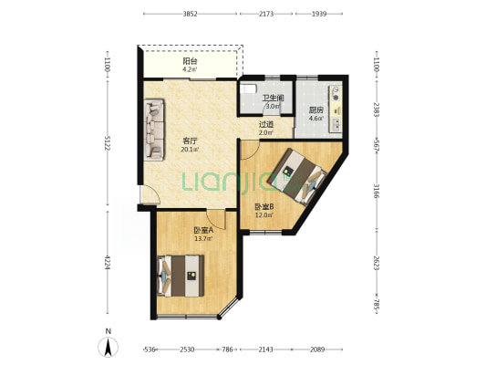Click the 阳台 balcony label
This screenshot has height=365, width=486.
[x=190, y=61]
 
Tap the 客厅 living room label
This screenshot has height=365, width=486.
[x=190, y=141]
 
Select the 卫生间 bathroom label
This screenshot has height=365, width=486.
[x=273, y=99]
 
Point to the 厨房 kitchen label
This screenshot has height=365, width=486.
[x=316, y=110]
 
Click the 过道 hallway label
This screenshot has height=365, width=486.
[x=266, y=125]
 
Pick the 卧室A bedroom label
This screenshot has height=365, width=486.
[x=203, y=231]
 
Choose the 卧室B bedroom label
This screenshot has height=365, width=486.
[x=264, y=206]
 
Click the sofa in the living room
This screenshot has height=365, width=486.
[x=154, y=130]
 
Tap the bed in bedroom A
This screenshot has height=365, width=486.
[x=181, y=276]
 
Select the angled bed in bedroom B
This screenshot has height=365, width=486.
[x=297, y=177]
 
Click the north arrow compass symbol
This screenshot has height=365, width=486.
[x=108, y=347]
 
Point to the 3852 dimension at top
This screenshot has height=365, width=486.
[x=190, y=14]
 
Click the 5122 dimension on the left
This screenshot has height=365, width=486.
[x=108, y=143]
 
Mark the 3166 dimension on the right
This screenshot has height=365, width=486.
[x=377, y=191]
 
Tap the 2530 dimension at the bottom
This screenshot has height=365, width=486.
[x=187, y=349]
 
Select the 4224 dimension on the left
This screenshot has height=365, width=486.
[x=108, y=263]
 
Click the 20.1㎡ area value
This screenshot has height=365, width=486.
[x=190, y=150]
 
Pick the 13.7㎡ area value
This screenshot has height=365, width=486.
[x=203, y=238]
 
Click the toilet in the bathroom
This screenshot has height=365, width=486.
[x=249, y=89]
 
